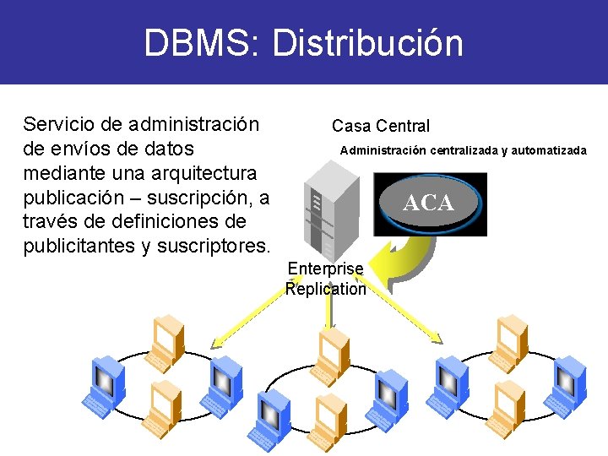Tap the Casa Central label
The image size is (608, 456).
pos(380,126)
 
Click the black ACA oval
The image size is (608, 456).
pos(429,204)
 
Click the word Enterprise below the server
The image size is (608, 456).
pos(325,269)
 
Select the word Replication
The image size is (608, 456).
pos(326,289)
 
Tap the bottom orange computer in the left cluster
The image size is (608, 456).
pos(160,408)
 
